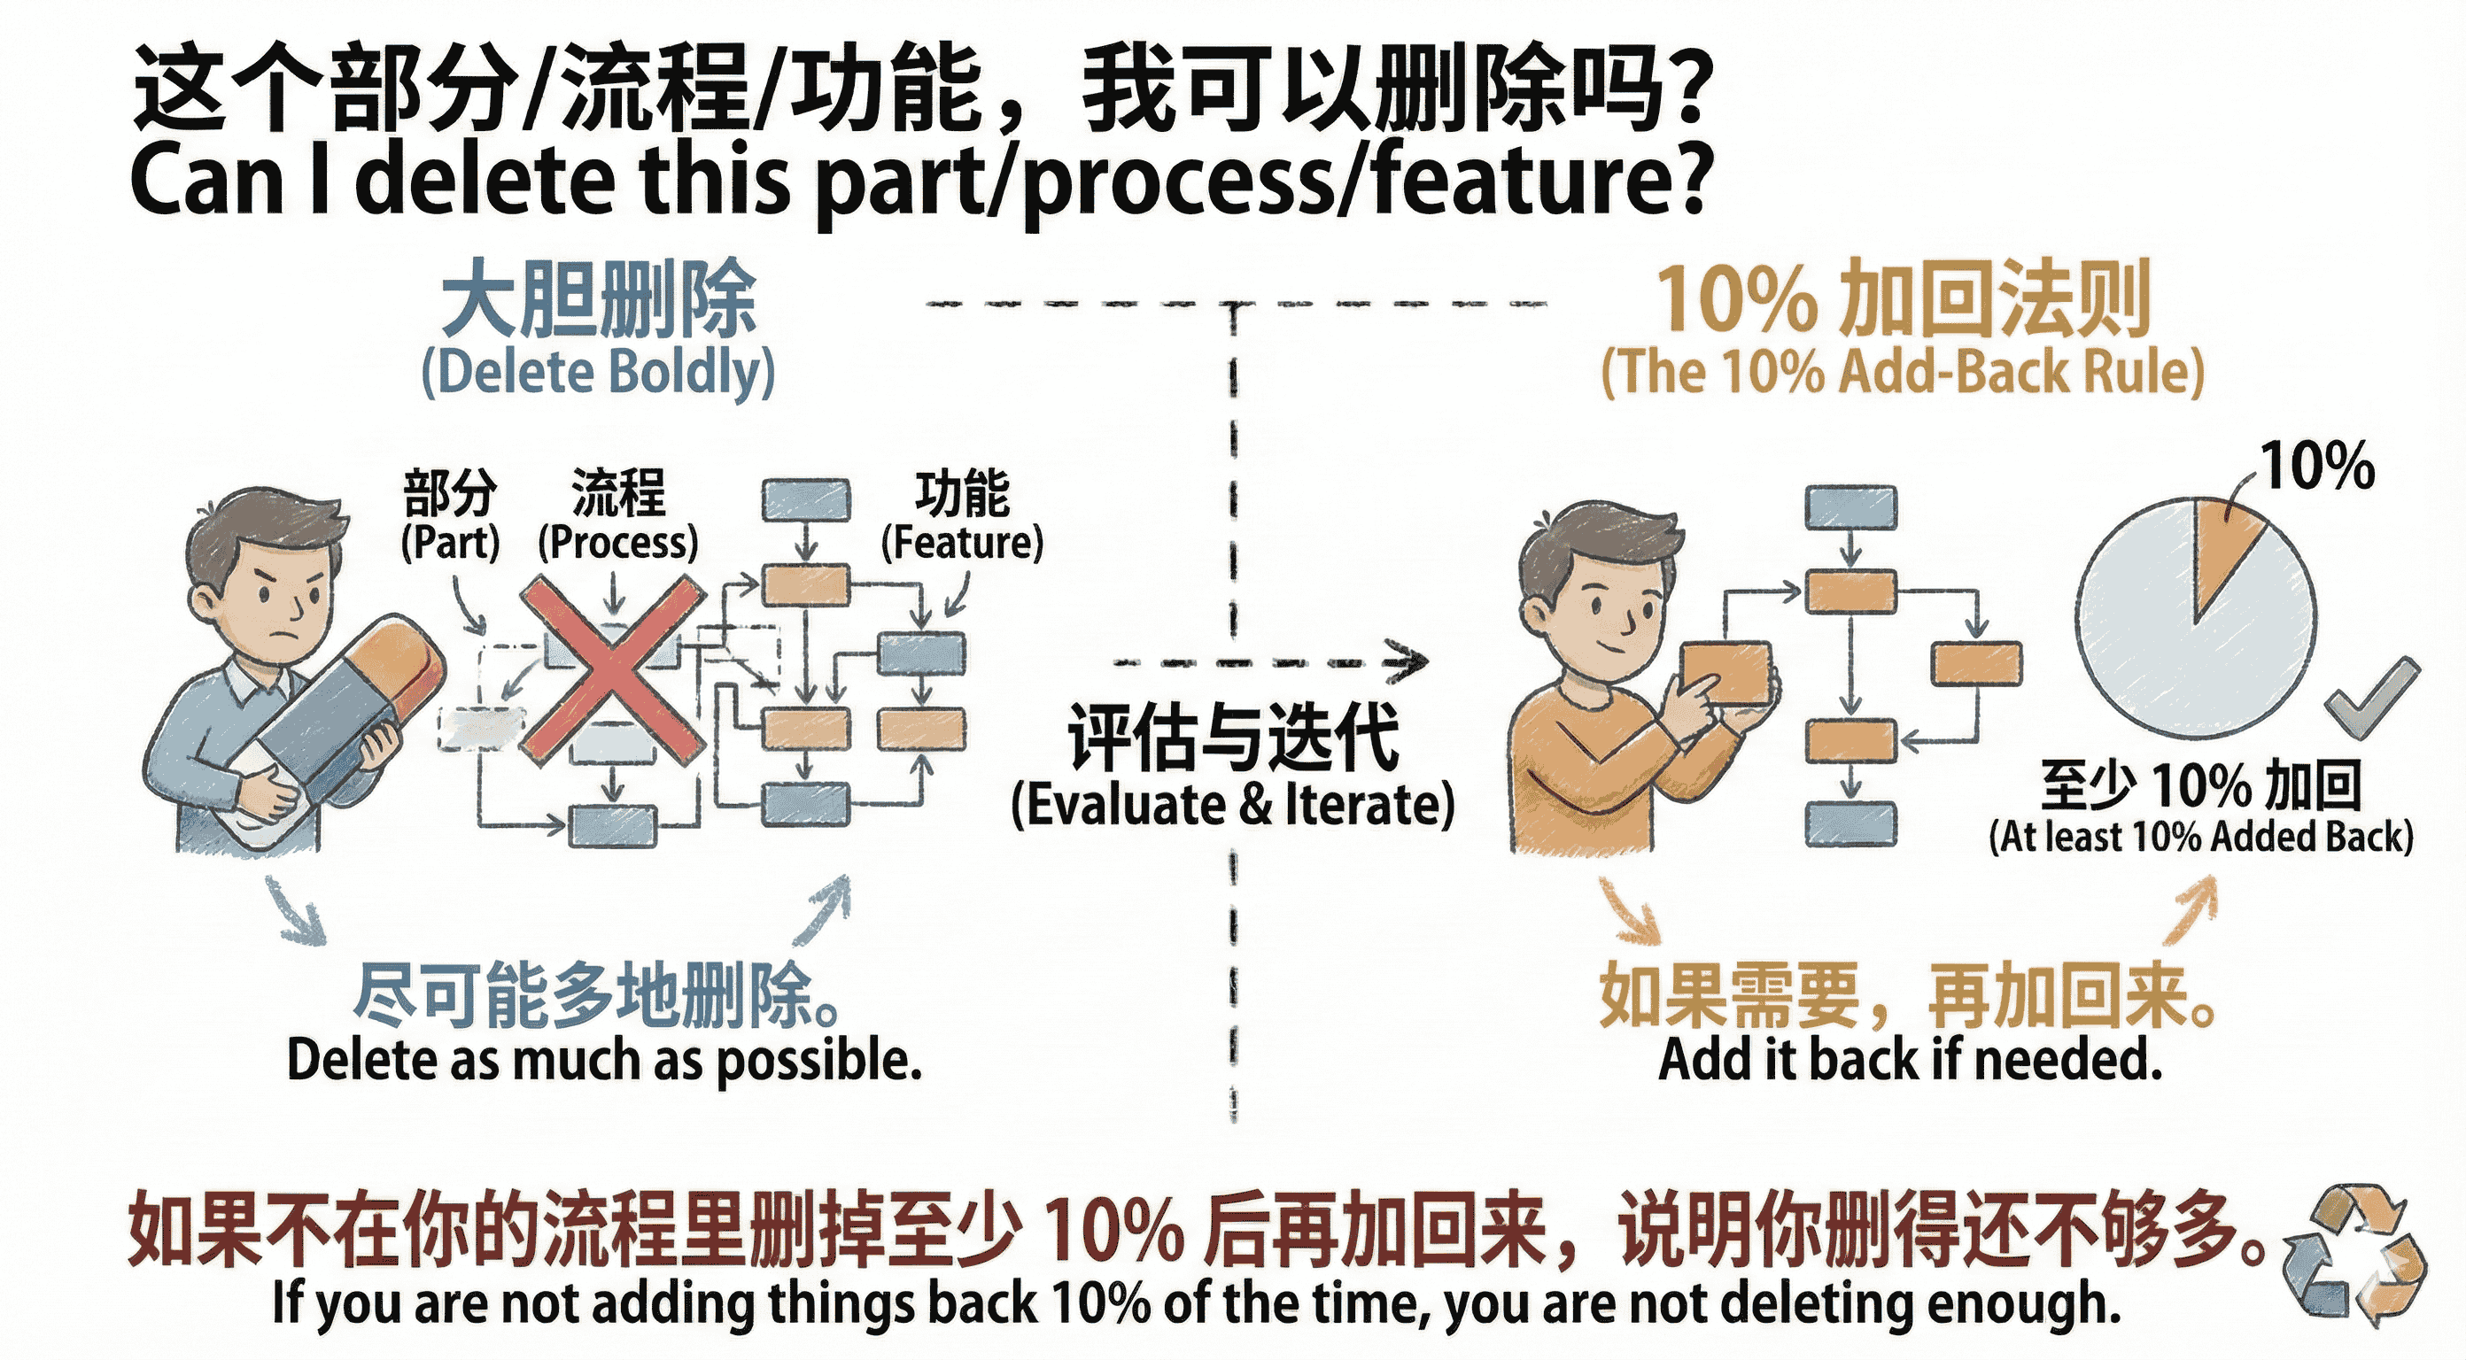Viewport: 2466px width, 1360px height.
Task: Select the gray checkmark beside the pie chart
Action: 2372,699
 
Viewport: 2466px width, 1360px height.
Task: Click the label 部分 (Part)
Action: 450,517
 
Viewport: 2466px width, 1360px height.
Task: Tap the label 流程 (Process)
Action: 617,517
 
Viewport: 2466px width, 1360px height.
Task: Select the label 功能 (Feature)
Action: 962,517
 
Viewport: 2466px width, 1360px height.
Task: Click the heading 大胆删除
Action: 598,298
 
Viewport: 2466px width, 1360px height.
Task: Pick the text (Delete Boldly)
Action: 598,374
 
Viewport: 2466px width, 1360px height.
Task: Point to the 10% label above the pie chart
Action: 2317,466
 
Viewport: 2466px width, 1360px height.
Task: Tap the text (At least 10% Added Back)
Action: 2200,838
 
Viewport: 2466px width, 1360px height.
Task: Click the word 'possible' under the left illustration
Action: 818,1061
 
